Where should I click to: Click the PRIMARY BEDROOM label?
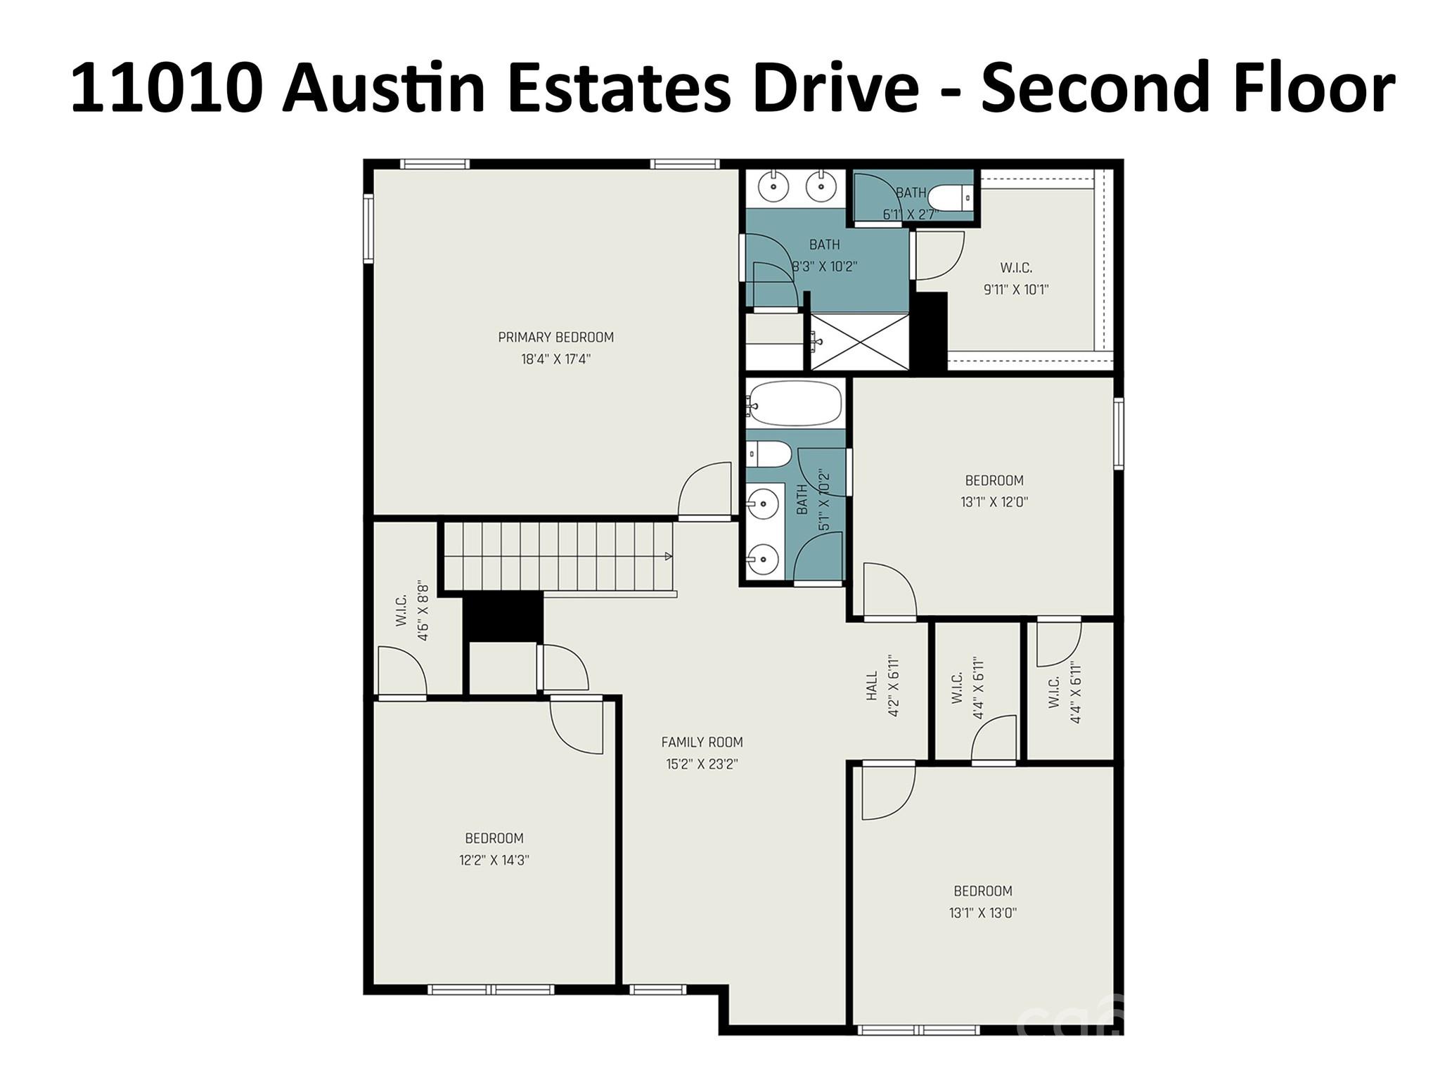click(555, 337)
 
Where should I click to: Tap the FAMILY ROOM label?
click(702, 742)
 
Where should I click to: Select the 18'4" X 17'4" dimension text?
click(555, 359)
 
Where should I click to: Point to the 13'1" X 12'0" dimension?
click(994, 502)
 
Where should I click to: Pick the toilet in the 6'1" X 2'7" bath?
click(949, 198)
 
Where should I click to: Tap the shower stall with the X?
click(859, 342)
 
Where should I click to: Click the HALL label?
click(873, 686)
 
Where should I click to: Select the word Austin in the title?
click(383, 88)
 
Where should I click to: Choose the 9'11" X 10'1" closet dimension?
click(1016, 289)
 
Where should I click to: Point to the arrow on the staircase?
click(668, 556)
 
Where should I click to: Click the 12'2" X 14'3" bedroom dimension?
click(494, 860)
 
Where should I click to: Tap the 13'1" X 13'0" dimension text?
click(982, 913)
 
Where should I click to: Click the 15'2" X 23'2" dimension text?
click(702, 764)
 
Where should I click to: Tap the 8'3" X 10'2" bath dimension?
click(825, 266)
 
